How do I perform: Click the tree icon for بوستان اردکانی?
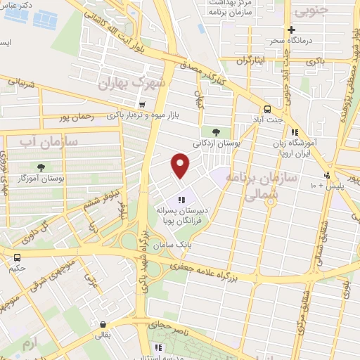(216, 131)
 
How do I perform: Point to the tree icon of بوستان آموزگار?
(41, 167)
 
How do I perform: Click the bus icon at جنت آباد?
(267, 109)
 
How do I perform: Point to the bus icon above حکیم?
(17, 257)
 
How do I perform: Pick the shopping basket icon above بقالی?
(104, 325)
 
